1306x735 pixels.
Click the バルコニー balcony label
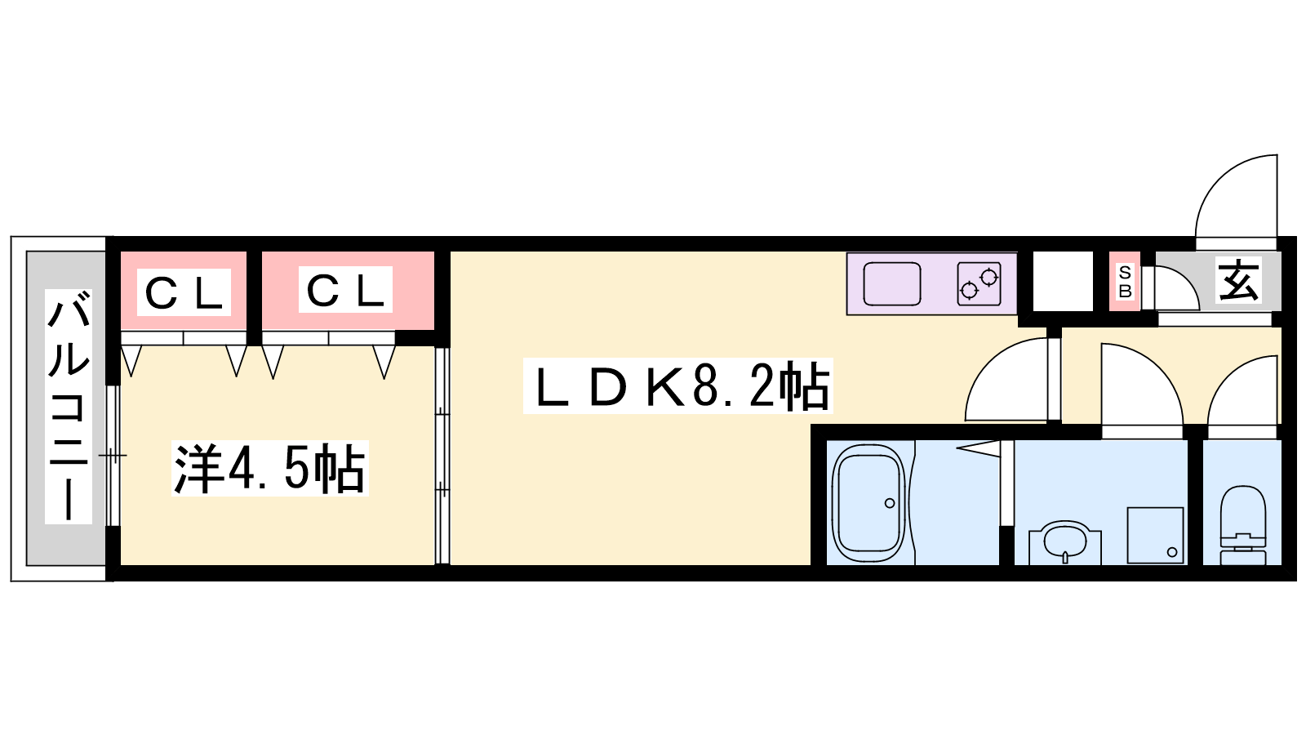pos(69,406)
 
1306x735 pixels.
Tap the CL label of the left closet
pos(184,292)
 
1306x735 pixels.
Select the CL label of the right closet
pos(345,290)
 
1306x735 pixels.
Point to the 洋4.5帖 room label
pos(270,469)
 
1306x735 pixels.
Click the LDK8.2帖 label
pos(678,385)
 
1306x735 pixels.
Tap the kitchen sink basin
pos(892,284)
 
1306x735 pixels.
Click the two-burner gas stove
pos(979,284)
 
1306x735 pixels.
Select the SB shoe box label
pos(1126,282)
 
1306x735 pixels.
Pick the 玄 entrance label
pos(1238,280)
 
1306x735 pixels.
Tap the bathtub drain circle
pos(890,503)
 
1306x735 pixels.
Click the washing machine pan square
pos(1155,536)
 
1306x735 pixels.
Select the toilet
pos(1243,525)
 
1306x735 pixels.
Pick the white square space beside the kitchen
pos(1064,281)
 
